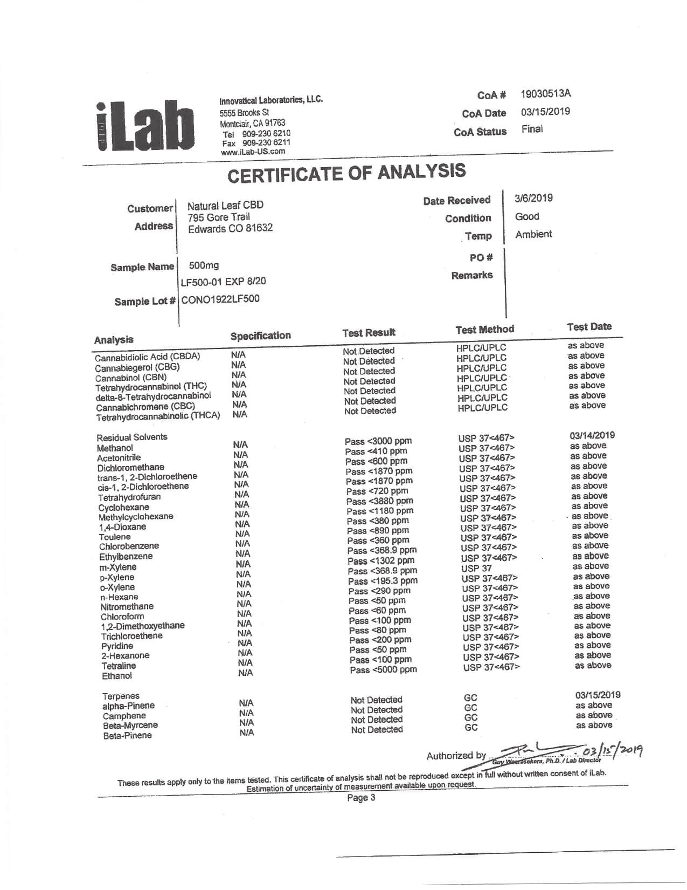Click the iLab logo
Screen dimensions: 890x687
(x=145, y=126)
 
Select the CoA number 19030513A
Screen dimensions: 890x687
(x=545, y=93)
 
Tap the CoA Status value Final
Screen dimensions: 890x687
(x=532, y=129)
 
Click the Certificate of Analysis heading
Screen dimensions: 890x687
(x=346, y=173)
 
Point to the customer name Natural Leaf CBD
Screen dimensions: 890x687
(x=225, y=206)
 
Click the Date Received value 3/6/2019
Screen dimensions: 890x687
(x=533, y=198)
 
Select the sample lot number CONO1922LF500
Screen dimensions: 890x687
(x=220, y=299)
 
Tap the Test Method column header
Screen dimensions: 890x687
(x=484, y=329)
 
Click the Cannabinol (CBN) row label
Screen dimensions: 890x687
(x=131, y=378)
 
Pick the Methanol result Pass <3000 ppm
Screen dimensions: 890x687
(x=378, y=441)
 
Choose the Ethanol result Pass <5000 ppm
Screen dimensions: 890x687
(x=383, y=670)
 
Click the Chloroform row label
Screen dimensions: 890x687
(x=122, y=617)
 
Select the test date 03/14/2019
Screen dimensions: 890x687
(x=592, y=435)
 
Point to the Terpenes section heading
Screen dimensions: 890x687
(x=121, y=696)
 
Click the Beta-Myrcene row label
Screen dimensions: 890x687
(x=130, y=725)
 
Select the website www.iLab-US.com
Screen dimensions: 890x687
(x=253, y=152)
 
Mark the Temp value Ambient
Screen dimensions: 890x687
(x=533, y=234)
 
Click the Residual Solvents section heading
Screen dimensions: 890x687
(x=132, y=437)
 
